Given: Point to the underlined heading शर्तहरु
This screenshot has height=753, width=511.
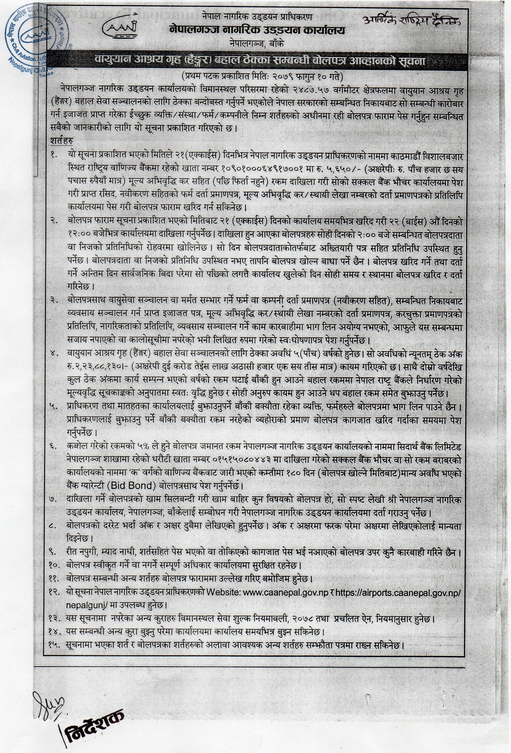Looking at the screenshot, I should pyautogui.click(x=62, y=141).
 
